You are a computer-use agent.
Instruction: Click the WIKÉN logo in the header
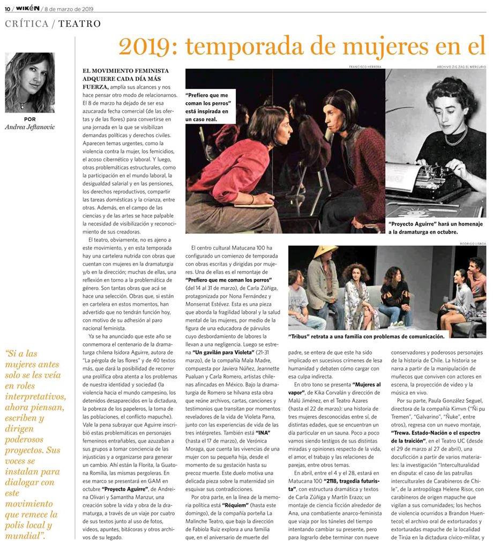[27, 8]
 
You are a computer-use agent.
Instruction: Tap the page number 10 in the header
[7, 9]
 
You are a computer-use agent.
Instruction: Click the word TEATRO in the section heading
[79, 24]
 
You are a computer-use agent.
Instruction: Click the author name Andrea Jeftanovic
[30, 127]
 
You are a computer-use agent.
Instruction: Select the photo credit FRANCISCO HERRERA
[366, 66]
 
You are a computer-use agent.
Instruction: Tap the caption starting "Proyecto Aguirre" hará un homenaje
[435, 228]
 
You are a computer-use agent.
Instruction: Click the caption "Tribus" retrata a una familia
[366, 336]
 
